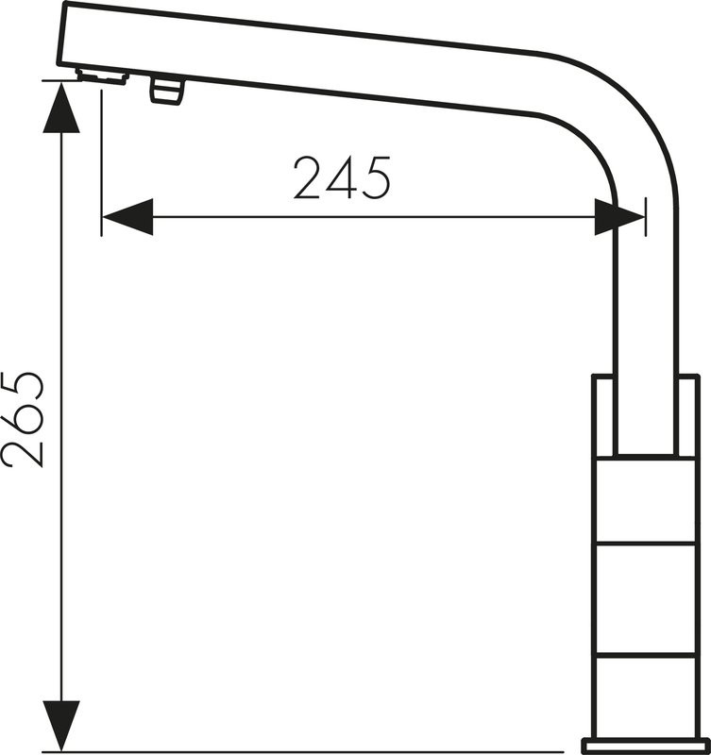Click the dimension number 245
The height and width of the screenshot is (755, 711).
coord(342,177)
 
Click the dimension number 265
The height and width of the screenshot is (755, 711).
coord(23,419)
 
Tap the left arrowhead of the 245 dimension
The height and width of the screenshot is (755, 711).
coord(127,217)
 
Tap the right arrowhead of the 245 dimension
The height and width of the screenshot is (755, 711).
coord(620,217)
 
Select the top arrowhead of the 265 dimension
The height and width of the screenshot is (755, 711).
coord(61,108)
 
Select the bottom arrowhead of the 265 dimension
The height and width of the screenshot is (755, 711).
coord(61,726)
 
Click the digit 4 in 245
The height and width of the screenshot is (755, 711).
coord(343,177)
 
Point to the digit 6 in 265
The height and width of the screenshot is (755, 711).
coord(23,420)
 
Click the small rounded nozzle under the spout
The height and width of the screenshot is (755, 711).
coord(167,90)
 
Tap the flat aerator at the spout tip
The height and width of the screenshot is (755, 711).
coord(102,77)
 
